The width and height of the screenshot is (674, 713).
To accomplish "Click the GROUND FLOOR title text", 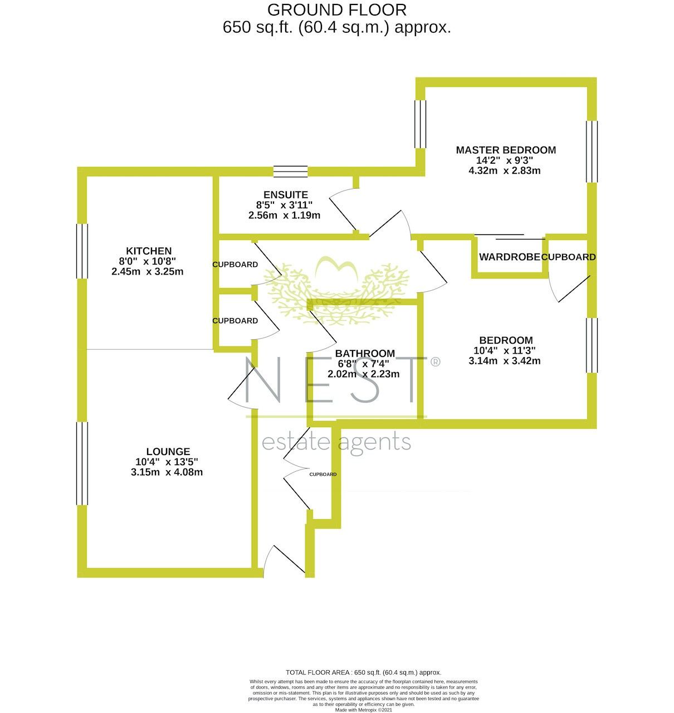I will [x=336, y=10].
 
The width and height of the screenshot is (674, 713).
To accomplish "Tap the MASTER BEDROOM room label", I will [x=505, y=150].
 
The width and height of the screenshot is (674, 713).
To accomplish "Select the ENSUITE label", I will [x=285, y=194].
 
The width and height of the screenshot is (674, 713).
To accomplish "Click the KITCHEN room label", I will [x=148, y=251].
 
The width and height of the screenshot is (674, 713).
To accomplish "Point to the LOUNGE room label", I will [x=168, y=452].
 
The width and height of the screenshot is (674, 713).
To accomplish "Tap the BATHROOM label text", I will [x=365, y=353].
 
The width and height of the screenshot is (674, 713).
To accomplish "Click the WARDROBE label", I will [x=509, y=257].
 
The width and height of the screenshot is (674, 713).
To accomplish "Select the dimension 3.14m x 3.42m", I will [x=504, y=361].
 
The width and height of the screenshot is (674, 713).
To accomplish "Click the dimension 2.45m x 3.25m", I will [x=148, y=272].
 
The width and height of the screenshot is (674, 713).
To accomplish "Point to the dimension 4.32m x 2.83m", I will [x=505, y=171].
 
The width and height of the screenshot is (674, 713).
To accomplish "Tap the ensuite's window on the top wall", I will [x=290, y=171].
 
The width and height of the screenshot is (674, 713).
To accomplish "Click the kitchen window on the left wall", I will [x=82, y=251].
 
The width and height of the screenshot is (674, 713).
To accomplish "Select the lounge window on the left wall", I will [x=82, y=463].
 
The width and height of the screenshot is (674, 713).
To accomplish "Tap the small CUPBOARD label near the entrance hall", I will [x=323, y=475].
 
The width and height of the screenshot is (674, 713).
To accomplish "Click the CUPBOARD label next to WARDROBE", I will [x=568, y=257].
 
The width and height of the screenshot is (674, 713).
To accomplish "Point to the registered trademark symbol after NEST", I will [x=435, y=362].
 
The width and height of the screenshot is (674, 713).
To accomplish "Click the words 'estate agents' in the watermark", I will [x=336, y=442].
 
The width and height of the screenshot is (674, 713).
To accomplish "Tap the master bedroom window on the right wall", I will [x=592, y=151].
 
